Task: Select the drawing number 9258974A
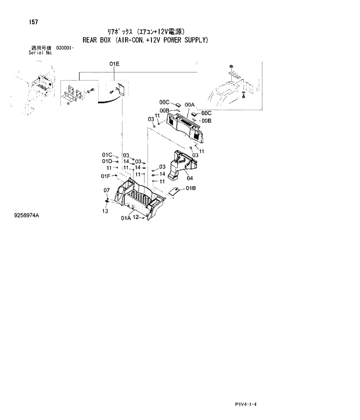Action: click(x=27, y=215)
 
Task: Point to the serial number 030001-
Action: click(x=65, y=47)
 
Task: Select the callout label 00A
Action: click(x=189, y=105)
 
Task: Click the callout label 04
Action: click(x=189, y=178)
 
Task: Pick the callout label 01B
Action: click(x=190, y=189)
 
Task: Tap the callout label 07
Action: click(x=106, y=190)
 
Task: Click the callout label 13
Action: click(x=105, y=211)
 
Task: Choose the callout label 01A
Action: click(x=126, y=219)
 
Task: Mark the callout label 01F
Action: click(x=106, y=176)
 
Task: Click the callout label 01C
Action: click(x=107, y=155)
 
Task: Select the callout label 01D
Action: click(x=107, y=161)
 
